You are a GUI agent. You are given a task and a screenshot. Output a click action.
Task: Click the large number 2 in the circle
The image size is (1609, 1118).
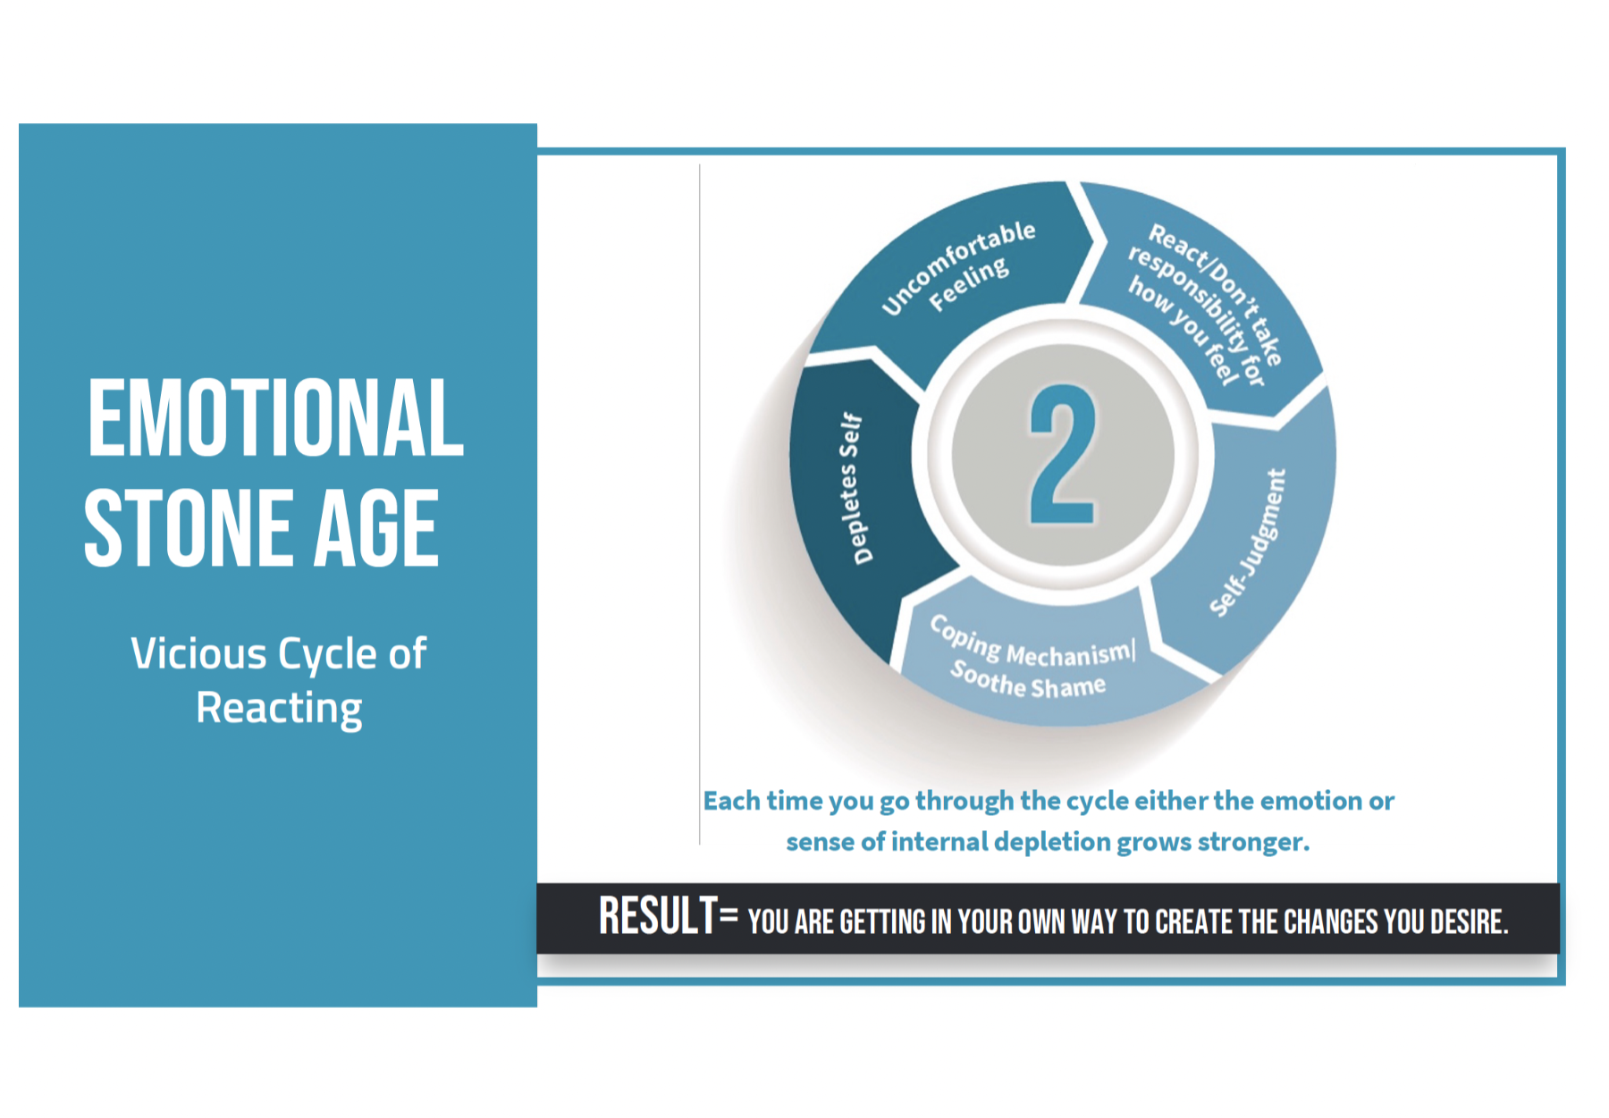click(x=1063, y=454)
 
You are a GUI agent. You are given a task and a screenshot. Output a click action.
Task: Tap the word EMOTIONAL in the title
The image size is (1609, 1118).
click(x=275, y=417)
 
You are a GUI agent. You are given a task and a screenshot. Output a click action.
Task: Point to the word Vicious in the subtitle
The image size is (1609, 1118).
click(x=198, y=653)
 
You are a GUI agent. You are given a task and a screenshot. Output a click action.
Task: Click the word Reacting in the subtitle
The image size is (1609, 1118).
click(x=279, y=709)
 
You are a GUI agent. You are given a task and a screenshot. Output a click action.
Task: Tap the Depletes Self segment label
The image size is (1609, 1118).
click(x=852, y=489)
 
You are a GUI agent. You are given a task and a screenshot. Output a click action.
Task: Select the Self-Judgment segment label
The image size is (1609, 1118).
click(x=1249, y=542)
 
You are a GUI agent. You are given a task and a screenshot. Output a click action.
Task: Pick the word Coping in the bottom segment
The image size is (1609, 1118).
click(x=965, y=635)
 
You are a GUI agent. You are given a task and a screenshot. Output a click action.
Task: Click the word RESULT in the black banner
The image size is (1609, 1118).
click(x=658, y=916)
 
